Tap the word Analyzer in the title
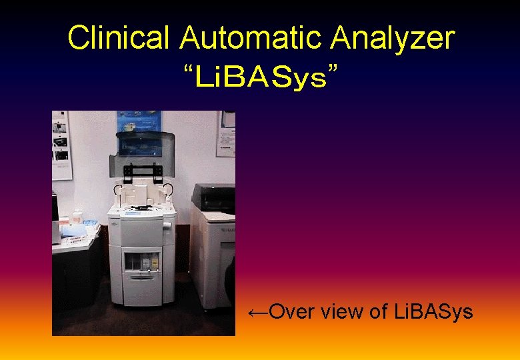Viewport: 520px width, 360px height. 393,38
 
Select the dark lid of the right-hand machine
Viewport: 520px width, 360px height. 213,197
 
